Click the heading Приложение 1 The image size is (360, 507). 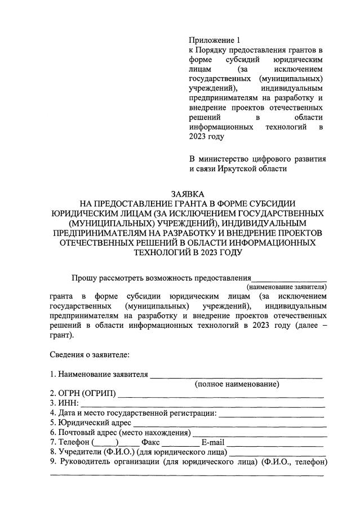[214, 40]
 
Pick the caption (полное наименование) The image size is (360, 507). [237, 384]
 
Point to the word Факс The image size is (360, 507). [151, 442]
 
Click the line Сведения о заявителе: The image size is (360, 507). [90, 355]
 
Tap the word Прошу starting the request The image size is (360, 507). [83, 278]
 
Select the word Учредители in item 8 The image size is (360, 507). [79, 452]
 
